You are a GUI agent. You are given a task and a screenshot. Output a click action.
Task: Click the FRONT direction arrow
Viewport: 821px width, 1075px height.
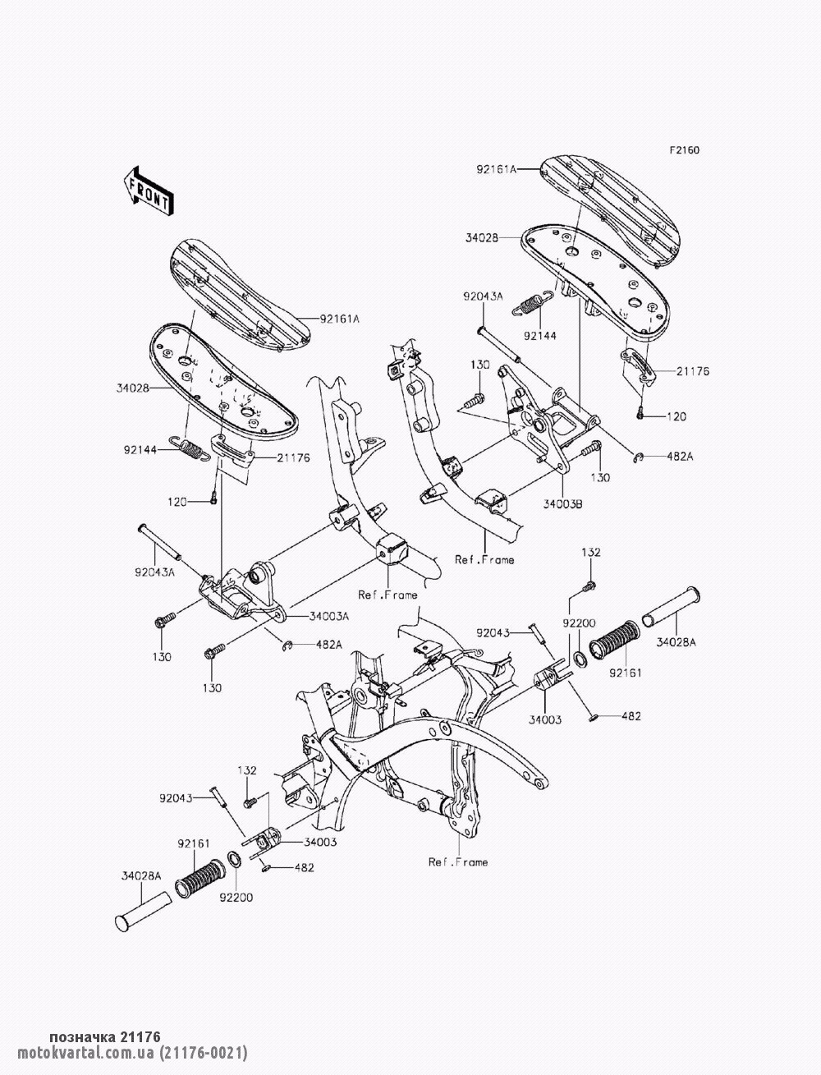tap(148, 190)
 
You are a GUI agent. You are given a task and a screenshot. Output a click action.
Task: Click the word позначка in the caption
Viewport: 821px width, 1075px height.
tap(83, 1037)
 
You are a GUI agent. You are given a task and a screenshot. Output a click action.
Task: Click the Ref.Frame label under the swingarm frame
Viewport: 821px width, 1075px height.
tap(457, 861)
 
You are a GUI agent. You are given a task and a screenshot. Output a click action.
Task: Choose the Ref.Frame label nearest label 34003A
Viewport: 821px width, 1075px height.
tap(388, 595)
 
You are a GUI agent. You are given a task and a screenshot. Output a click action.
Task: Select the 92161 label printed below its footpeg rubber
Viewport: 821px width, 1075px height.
tap(624, 673)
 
